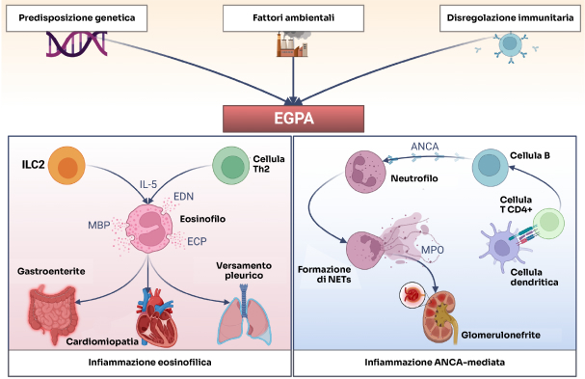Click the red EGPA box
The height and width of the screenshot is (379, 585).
tap(293, 119)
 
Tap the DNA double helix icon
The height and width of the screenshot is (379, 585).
tap(76, 44)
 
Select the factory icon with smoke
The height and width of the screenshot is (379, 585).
tap(293, 44)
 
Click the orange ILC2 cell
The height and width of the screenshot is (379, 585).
tap(67, 166)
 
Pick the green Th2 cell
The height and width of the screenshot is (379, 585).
tap(231, 166)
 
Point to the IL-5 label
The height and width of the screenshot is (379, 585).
tap(148, 184)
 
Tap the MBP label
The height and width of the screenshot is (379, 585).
tap(99, 225)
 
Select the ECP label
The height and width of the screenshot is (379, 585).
tap(197, 241)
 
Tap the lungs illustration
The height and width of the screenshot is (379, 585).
tap(244, 315)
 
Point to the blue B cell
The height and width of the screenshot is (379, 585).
tap(491, 167)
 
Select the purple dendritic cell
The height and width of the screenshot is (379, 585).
tap(502, 246)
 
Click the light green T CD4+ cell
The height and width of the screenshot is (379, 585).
tap(548, 224)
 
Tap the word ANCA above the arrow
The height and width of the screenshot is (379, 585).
tap(425, 147)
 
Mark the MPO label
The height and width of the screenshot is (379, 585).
tap(433, 250)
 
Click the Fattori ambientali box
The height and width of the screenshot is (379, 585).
tap(293, 18)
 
